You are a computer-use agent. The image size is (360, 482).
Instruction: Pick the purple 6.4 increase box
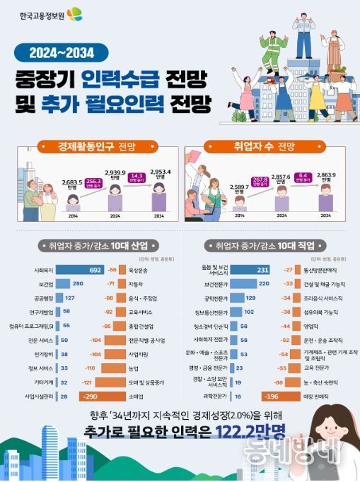pos(304,177)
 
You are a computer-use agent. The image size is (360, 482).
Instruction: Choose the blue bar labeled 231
pos(252,270)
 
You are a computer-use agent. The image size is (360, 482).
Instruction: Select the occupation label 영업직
pos(311,326)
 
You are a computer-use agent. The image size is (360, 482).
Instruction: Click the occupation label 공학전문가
pos(214,298)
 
